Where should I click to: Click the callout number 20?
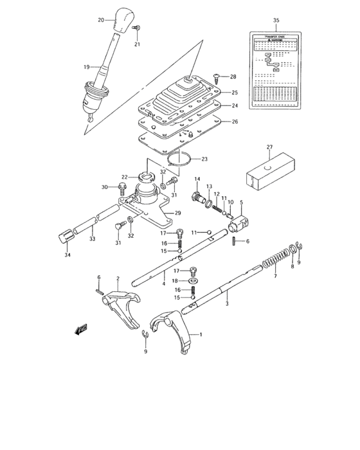(101, 21)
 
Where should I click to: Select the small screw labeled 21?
(138, 30)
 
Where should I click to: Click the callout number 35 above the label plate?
(276, 21)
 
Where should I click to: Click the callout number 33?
(92, 239)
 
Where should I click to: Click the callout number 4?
(163, 283)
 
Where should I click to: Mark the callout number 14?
(197, 179)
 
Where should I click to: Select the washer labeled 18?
(194, 280)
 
